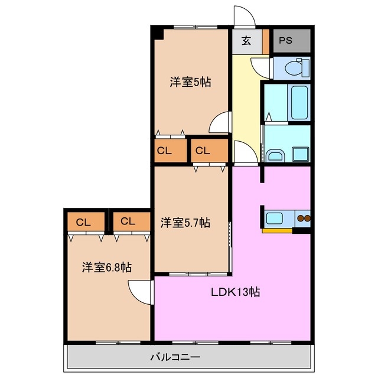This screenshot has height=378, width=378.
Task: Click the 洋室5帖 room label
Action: tap(190, 83)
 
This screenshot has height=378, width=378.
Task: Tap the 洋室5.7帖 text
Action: tap(185, 223)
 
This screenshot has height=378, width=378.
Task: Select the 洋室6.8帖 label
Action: tap(106, 267)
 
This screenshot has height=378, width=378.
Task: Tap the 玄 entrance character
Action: tap(245, 41)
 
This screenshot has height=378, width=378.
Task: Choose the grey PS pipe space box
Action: tap(289, 41)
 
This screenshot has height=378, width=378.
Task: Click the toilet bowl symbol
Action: tap(294, 69)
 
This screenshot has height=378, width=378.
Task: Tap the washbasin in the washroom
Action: tap(275, 155)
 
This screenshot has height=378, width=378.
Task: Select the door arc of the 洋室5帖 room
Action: tap(220, 122)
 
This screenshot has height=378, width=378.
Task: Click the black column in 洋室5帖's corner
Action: tap(157, 34)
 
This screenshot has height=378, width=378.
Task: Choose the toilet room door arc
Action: tap(260, 66)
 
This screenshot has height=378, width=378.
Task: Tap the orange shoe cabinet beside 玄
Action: tap(266, 41)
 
